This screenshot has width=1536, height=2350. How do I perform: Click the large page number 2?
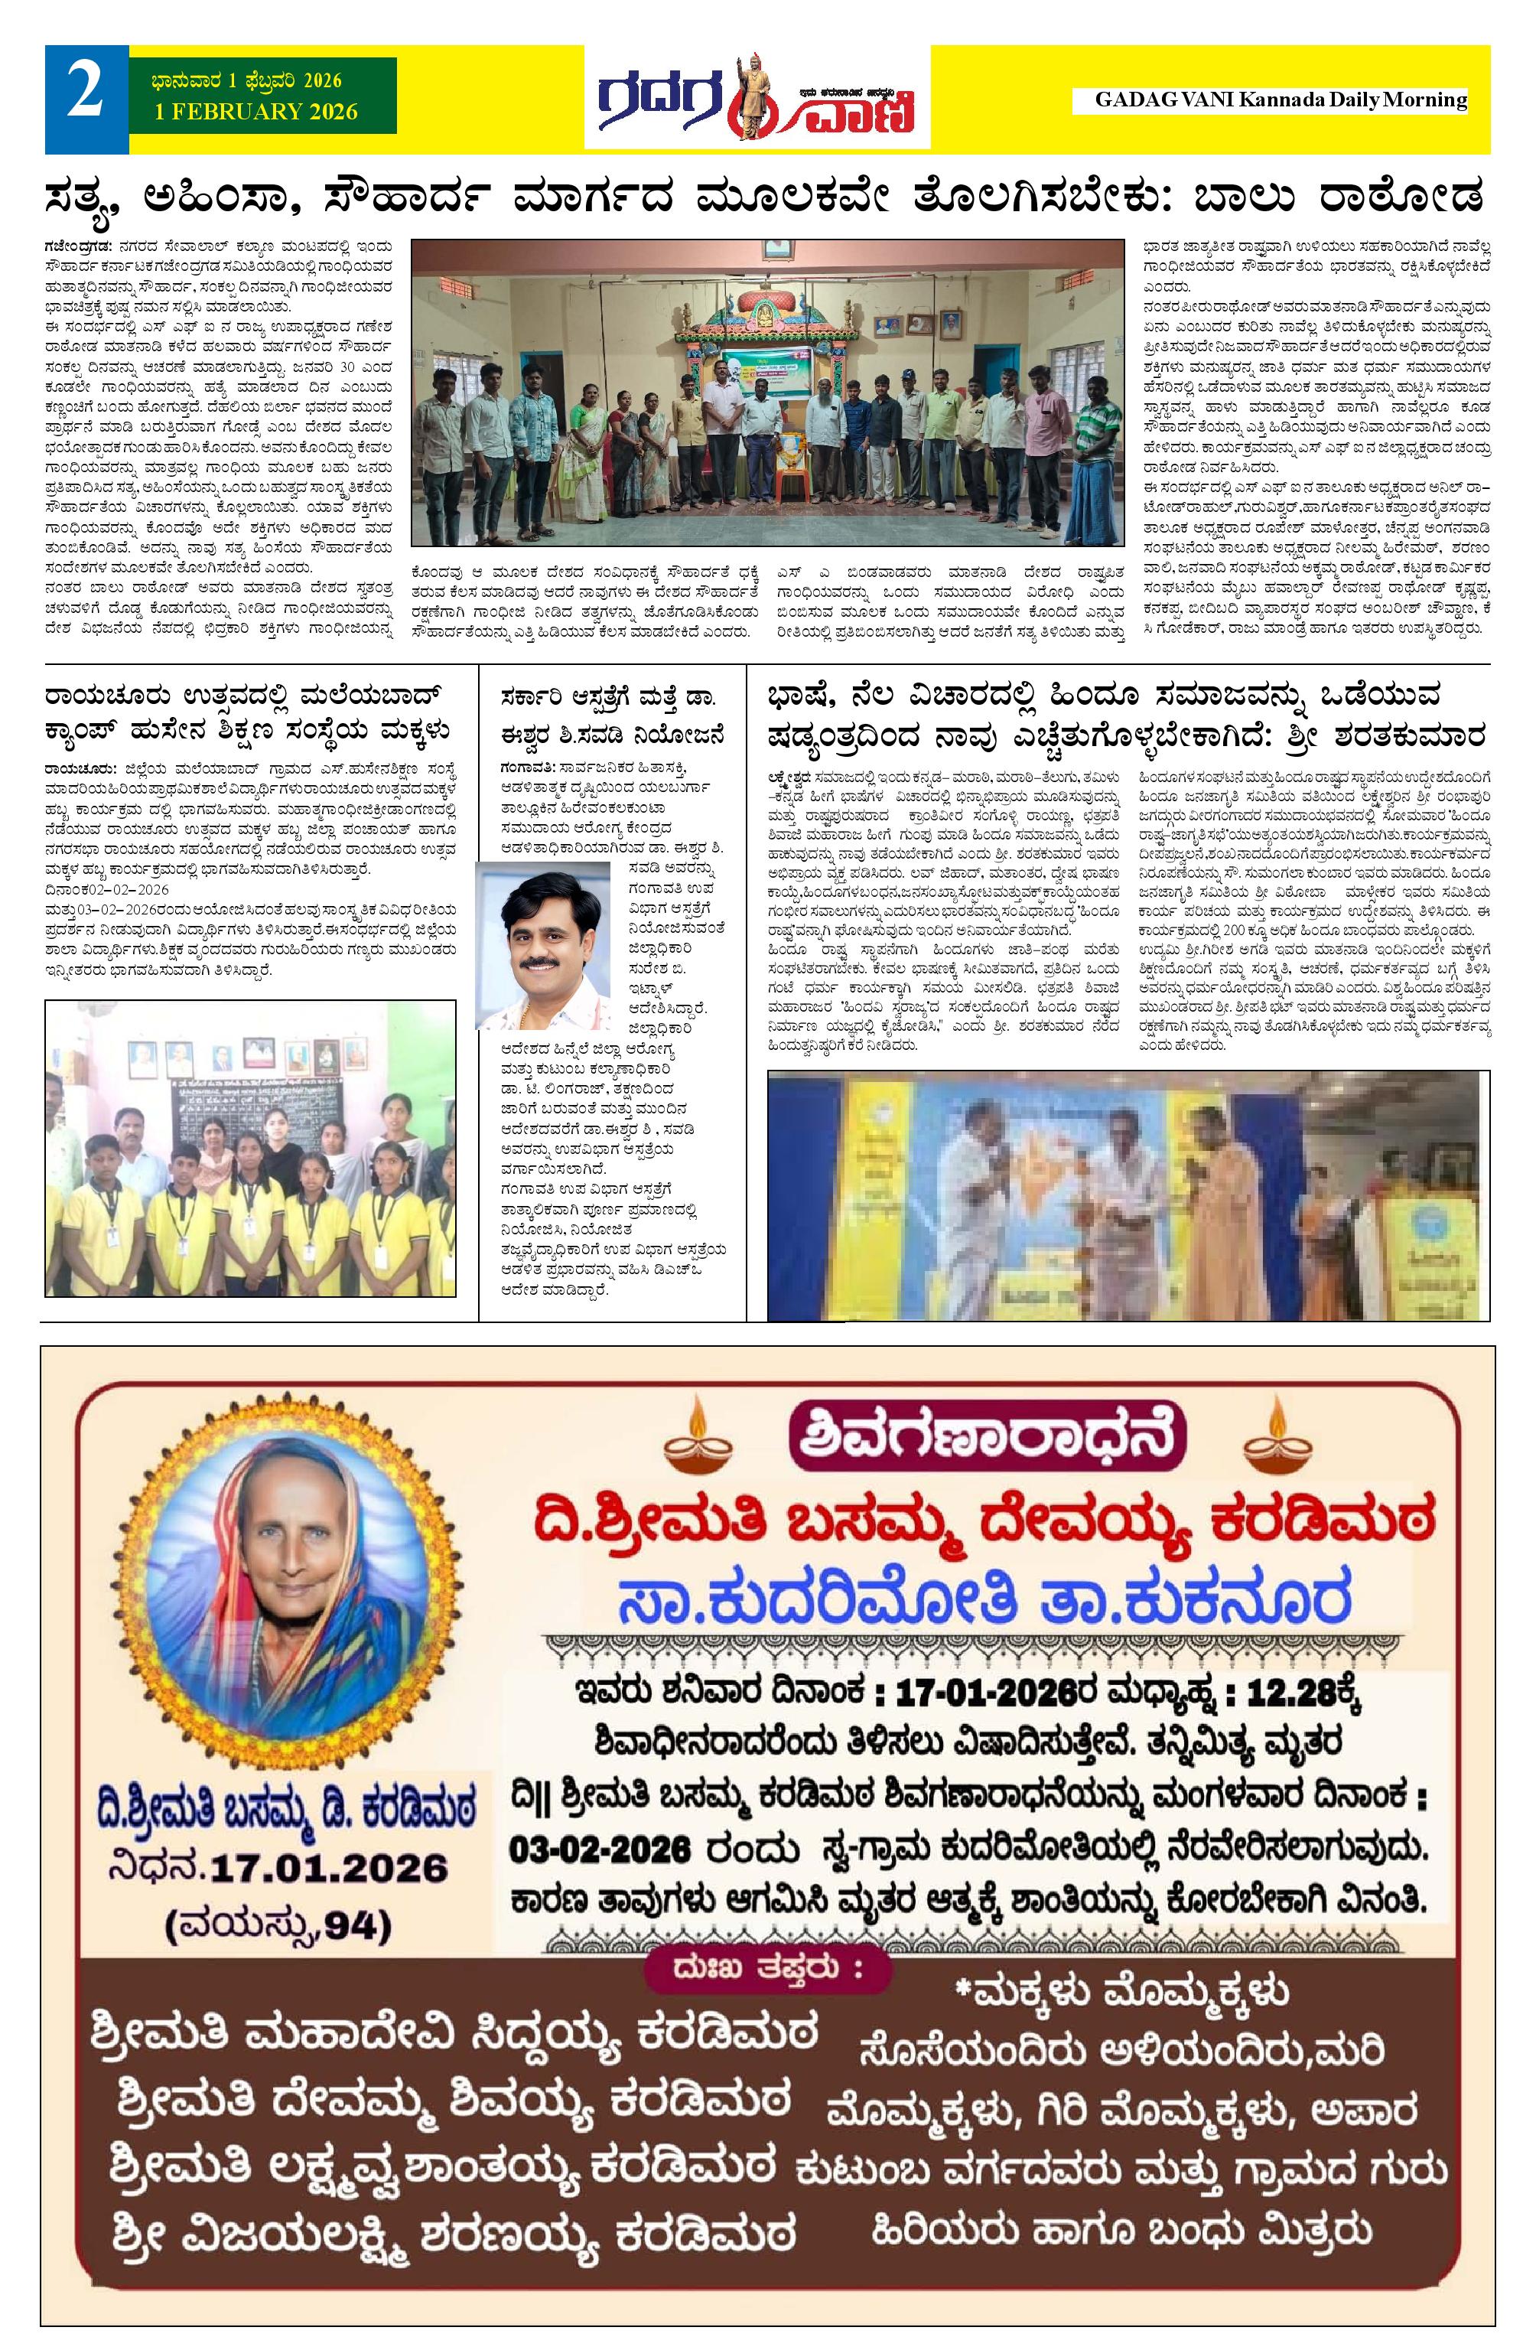click(85, 96)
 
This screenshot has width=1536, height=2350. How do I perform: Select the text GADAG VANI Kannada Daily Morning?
click(1281, 99)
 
